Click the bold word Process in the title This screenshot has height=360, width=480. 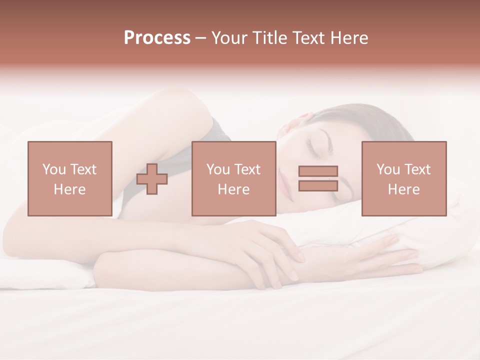pyautogui.click(x=157, y=38)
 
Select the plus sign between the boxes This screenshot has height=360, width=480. pyautogui.click(x=152, y=179)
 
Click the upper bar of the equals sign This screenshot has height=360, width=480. pyautogui.click(x=318, y=171)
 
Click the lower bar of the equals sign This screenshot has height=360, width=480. pyautogui.click(x=318, y=185)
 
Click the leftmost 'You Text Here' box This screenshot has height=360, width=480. pyautogui.click(x=70, y=178)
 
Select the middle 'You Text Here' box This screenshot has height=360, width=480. pyautogui.click(x=233, y=178)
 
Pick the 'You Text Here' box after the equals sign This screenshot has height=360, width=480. pyautogui.click(x=404, y=178)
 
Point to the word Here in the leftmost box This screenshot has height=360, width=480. pyautogui.click(x=69, y=189)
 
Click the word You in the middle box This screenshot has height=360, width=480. pyautogui.click(x=218, y=169)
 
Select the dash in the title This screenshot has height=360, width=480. pyautogui.click(x=201, y=38)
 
